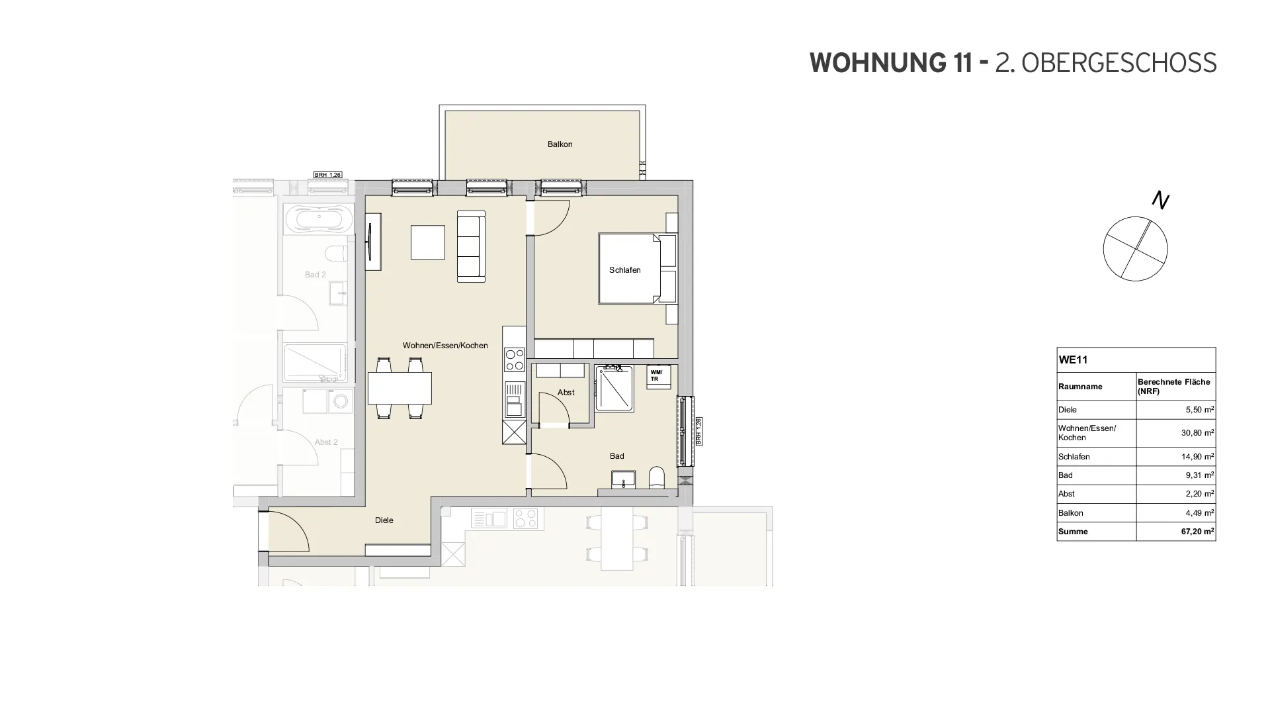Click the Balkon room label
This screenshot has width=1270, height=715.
560,144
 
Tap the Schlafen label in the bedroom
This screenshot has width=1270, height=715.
624,270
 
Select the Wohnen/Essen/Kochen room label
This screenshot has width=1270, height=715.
445,346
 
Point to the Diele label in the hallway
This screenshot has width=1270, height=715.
384,520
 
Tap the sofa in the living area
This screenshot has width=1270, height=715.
471,246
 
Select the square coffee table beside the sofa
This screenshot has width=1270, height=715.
428,242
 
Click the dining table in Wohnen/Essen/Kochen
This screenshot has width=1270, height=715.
400,388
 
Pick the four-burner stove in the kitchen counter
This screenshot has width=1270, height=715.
514,359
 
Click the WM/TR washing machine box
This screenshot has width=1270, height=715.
658,376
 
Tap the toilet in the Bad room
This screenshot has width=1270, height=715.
656,477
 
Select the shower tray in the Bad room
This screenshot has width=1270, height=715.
614,389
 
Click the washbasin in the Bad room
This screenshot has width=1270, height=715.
623,479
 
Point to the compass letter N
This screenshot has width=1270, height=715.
1160,199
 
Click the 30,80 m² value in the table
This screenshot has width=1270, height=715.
1197,433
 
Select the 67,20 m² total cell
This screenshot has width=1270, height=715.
1197,532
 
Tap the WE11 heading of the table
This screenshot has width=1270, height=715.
1073,360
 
